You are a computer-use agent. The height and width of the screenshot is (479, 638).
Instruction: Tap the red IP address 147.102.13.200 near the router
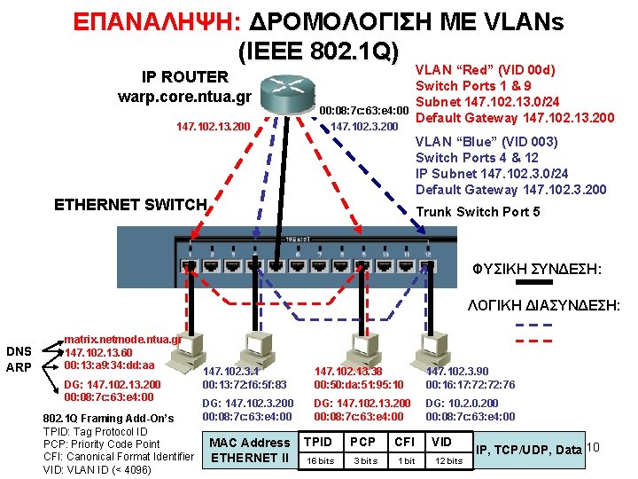pyautogui.click(x=213, y=127)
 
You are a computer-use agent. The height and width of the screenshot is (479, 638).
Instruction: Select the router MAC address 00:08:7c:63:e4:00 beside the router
pyautogui.click(x=363, y=111)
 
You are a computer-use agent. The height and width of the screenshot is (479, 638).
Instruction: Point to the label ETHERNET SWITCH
pyautogui.click(x=130, y=205)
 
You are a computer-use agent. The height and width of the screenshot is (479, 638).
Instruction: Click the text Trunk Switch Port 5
pyautogui.click(x=478, y=211)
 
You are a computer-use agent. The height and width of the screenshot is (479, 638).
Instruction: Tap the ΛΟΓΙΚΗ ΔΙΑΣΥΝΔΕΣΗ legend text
pyautogui.click(x=544, y=306)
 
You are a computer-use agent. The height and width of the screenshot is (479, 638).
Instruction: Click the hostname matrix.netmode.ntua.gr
pyautogui.click(x=122, y=339)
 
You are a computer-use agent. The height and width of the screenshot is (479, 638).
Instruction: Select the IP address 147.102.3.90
pyautogui.click(x=456, y=372)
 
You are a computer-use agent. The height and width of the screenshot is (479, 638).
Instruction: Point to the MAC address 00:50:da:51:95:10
pyautogui.click(x=358, y=385)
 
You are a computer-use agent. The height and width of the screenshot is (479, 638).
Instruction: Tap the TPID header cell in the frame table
pyautogui.click(x=318, y=442)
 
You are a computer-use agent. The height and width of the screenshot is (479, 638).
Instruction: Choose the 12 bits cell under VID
pyautogui.click(x=447, y=460)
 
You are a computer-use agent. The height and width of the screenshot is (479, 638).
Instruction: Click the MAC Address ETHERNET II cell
pyautogui.click(x=249, y=450)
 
